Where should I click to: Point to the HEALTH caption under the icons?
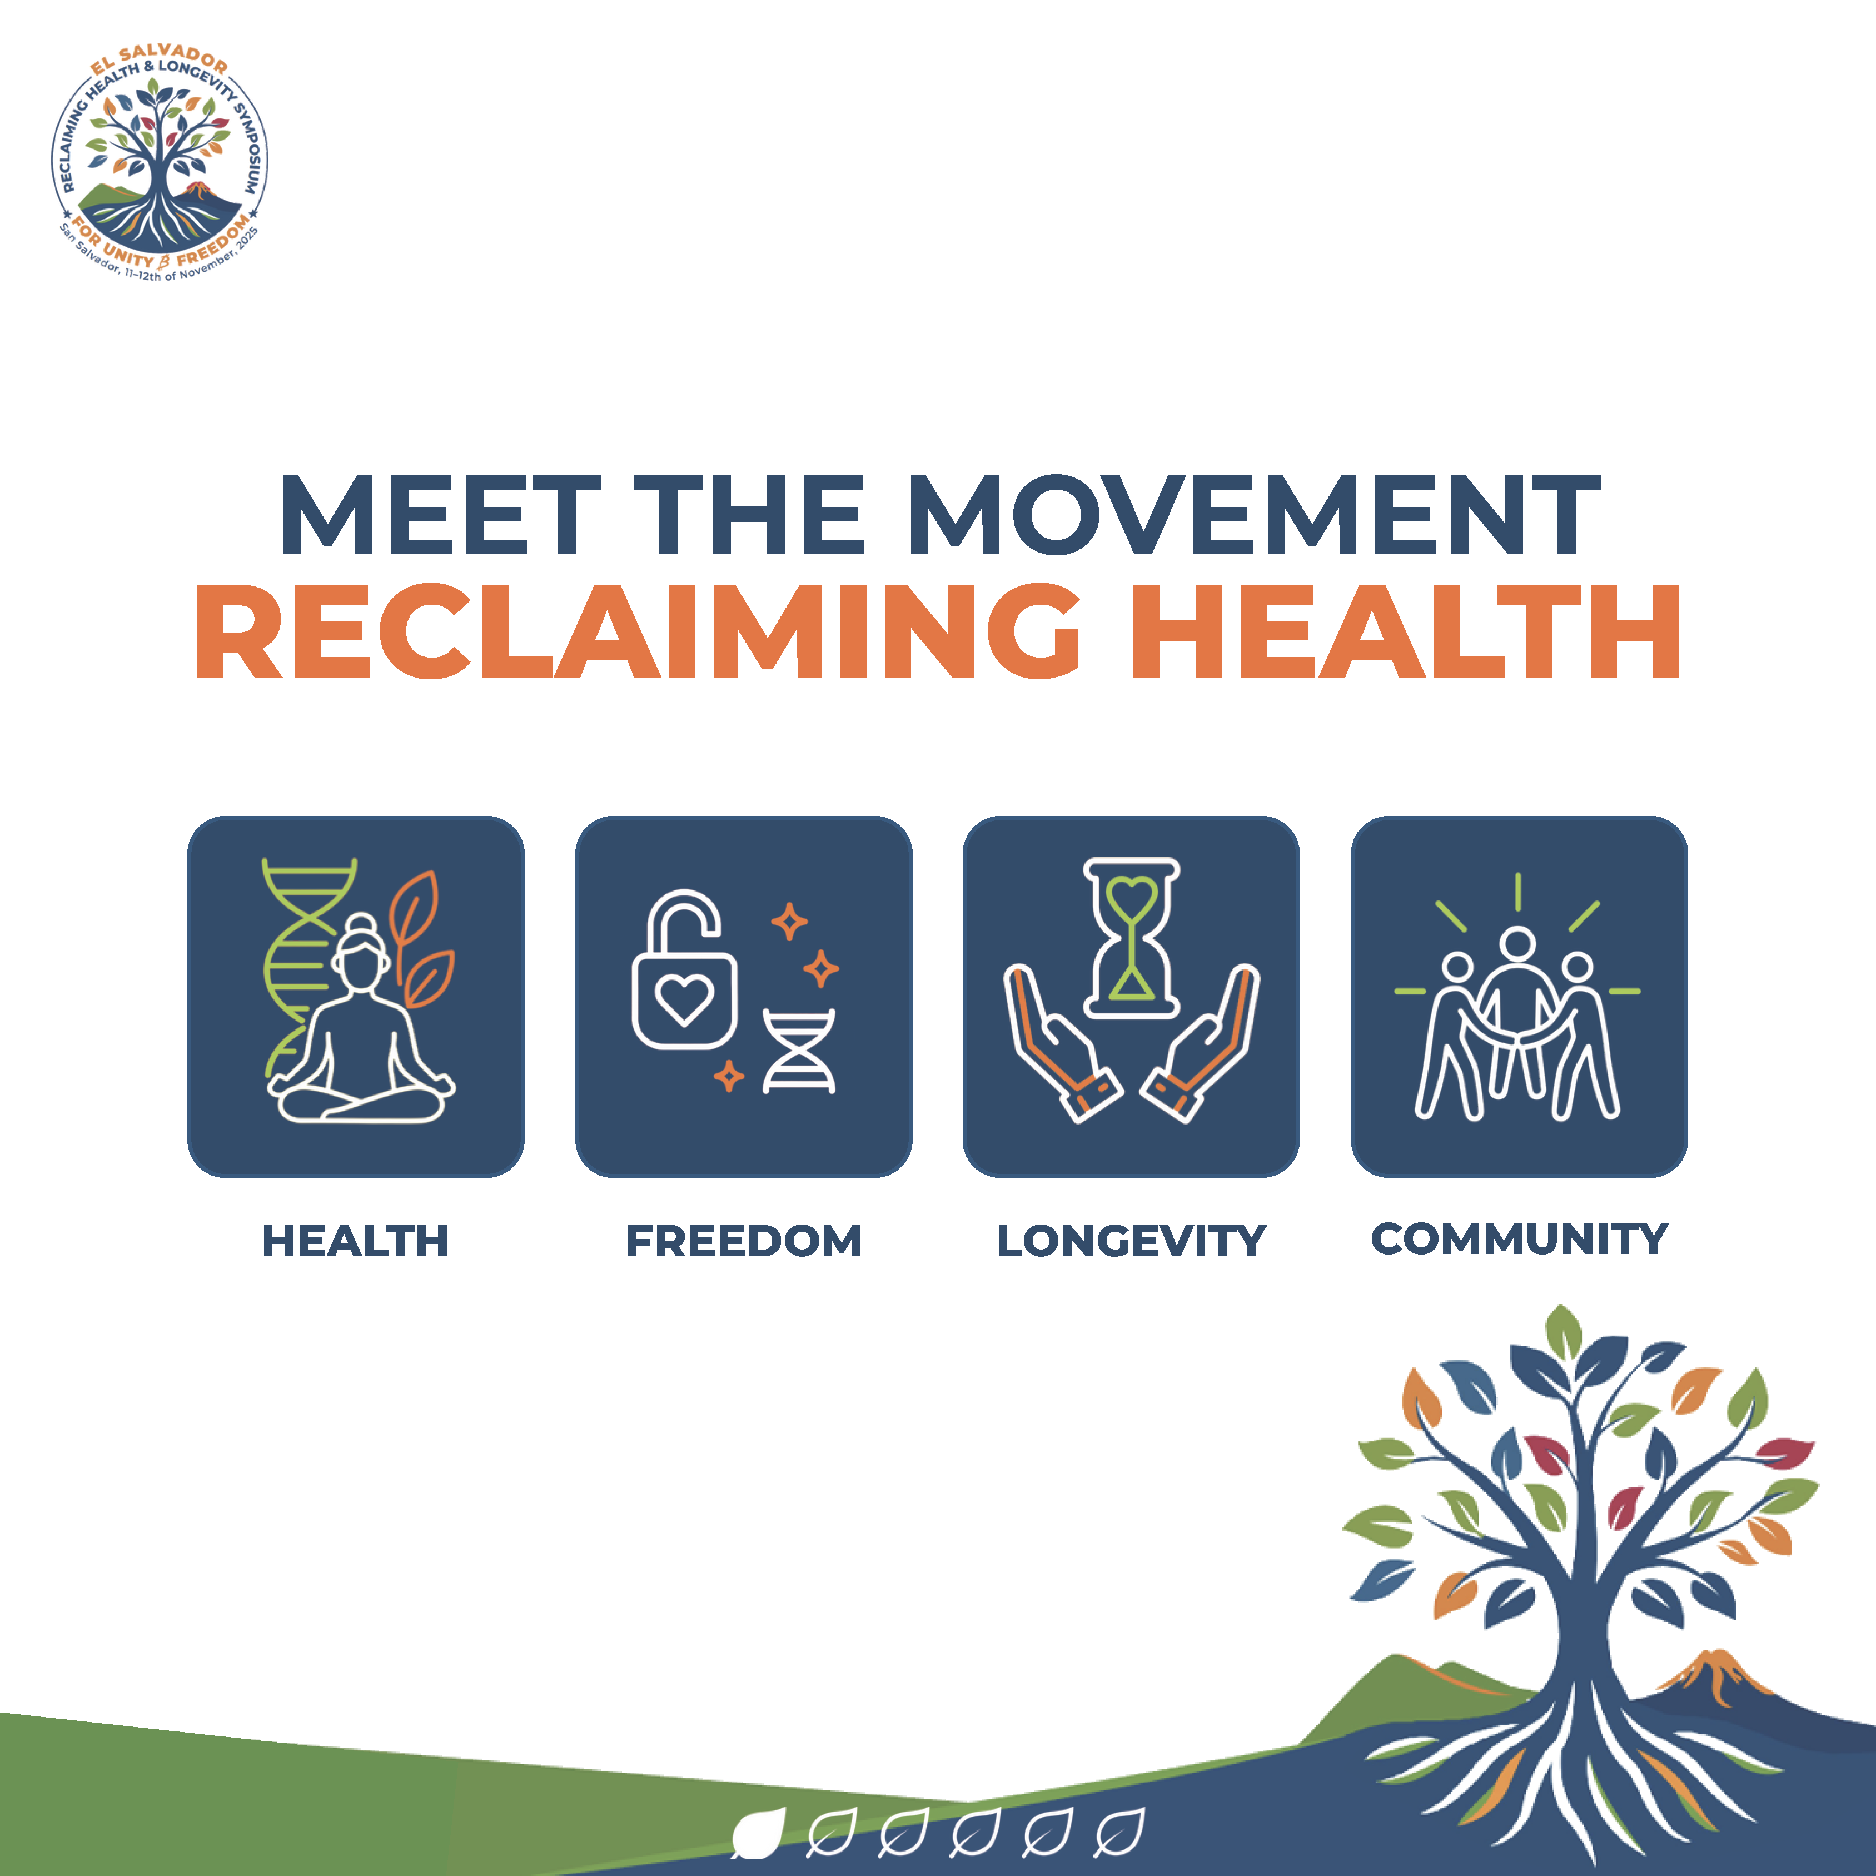click(355, 1241)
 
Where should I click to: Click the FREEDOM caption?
click(744, 1241)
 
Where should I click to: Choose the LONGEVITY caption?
click(1131, 1241)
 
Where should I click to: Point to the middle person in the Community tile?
click(1517, 1010)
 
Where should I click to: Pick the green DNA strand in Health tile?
click(301, 961)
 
